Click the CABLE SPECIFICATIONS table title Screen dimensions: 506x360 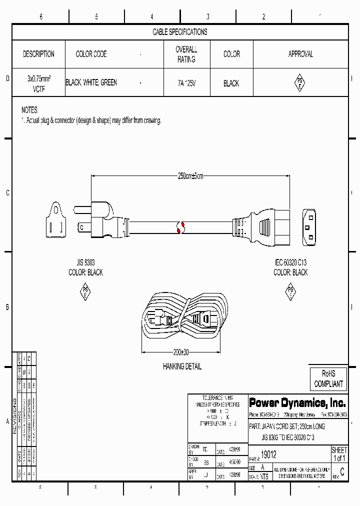click(179, 32)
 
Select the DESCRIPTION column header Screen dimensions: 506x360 click(38, 54)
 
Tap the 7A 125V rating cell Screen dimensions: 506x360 click(186, 83)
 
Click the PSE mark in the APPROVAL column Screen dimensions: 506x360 click(300, 83)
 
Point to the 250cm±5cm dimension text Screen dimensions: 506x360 click(190, 176)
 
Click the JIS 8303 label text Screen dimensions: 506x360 click(85, 262)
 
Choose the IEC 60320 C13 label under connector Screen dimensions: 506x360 click(290, 262)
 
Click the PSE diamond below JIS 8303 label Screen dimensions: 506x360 click(85, 292)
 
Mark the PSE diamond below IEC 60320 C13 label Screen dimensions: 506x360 click(290, 292)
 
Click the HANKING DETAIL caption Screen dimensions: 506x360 click(182, 366)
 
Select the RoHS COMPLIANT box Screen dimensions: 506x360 click(328, 379)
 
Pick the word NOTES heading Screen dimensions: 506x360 click(29, 110)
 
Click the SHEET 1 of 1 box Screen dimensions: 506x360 click(339, 454)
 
